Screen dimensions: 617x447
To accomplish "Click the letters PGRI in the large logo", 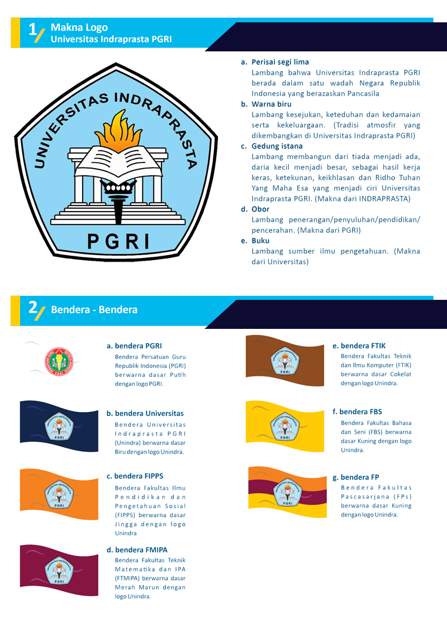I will click(x=118, y=241).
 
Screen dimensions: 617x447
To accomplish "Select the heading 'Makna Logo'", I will click(x=79, y=27).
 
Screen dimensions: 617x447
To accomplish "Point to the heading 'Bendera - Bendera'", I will click(x=94, y=309).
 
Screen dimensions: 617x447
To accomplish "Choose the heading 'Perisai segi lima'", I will click(x=280, y=62).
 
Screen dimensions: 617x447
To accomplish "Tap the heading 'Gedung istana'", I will click(x=277, y=146).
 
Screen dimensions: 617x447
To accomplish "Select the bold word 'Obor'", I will click(x=260, y=209).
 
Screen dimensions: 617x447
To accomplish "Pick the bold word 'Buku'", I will click(x=260, y=241).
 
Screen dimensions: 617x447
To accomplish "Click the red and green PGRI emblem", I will click(x=59, y=361).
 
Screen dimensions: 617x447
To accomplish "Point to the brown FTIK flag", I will click(x=285, y=360).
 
